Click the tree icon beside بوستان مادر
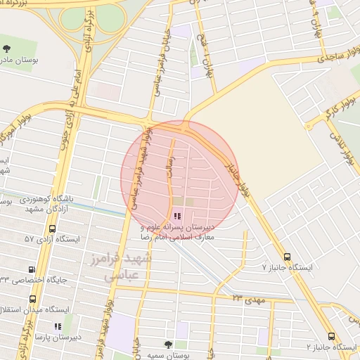tap(7, 49)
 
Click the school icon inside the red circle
tap(176, 216)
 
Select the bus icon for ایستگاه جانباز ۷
tap(286, 257)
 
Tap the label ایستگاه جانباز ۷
tap(285, 268)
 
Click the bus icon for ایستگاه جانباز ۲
tap(331, 337)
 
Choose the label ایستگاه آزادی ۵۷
tap(52, 240)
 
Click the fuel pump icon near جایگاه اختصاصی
tap(32, 269)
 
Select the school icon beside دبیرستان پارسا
tap(58, 326)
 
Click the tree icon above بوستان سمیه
tap(167, 345)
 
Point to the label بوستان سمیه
tap(167, 356)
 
